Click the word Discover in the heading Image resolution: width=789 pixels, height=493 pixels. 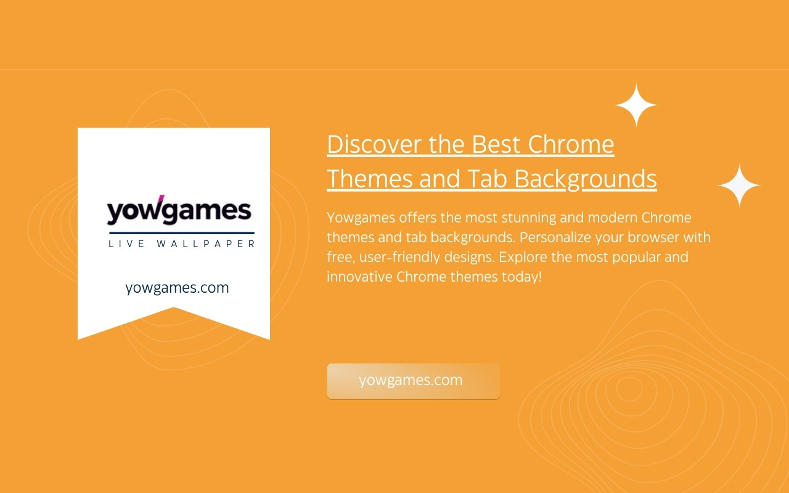(374, 144)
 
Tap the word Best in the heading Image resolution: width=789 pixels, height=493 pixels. (496, 144)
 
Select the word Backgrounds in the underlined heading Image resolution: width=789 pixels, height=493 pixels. (586, 179)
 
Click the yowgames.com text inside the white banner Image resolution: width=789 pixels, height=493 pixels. (177, 288)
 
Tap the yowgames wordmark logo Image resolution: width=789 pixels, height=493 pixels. (179, 210)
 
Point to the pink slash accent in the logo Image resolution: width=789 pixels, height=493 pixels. (160, 199)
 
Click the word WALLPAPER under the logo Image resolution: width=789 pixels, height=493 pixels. (206, 243)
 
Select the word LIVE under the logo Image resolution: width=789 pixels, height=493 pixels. (126, 243)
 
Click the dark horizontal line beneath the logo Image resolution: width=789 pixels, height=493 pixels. (182, 233)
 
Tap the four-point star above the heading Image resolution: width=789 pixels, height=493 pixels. (636, 105)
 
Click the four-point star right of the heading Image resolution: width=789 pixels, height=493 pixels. (739, 185)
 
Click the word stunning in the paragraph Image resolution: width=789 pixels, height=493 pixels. (529, 218)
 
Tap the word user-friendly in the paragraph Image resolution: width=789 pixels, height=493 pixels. (399, 257)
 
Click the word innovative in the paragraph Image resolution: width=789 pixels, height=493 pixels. (359, 277)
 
